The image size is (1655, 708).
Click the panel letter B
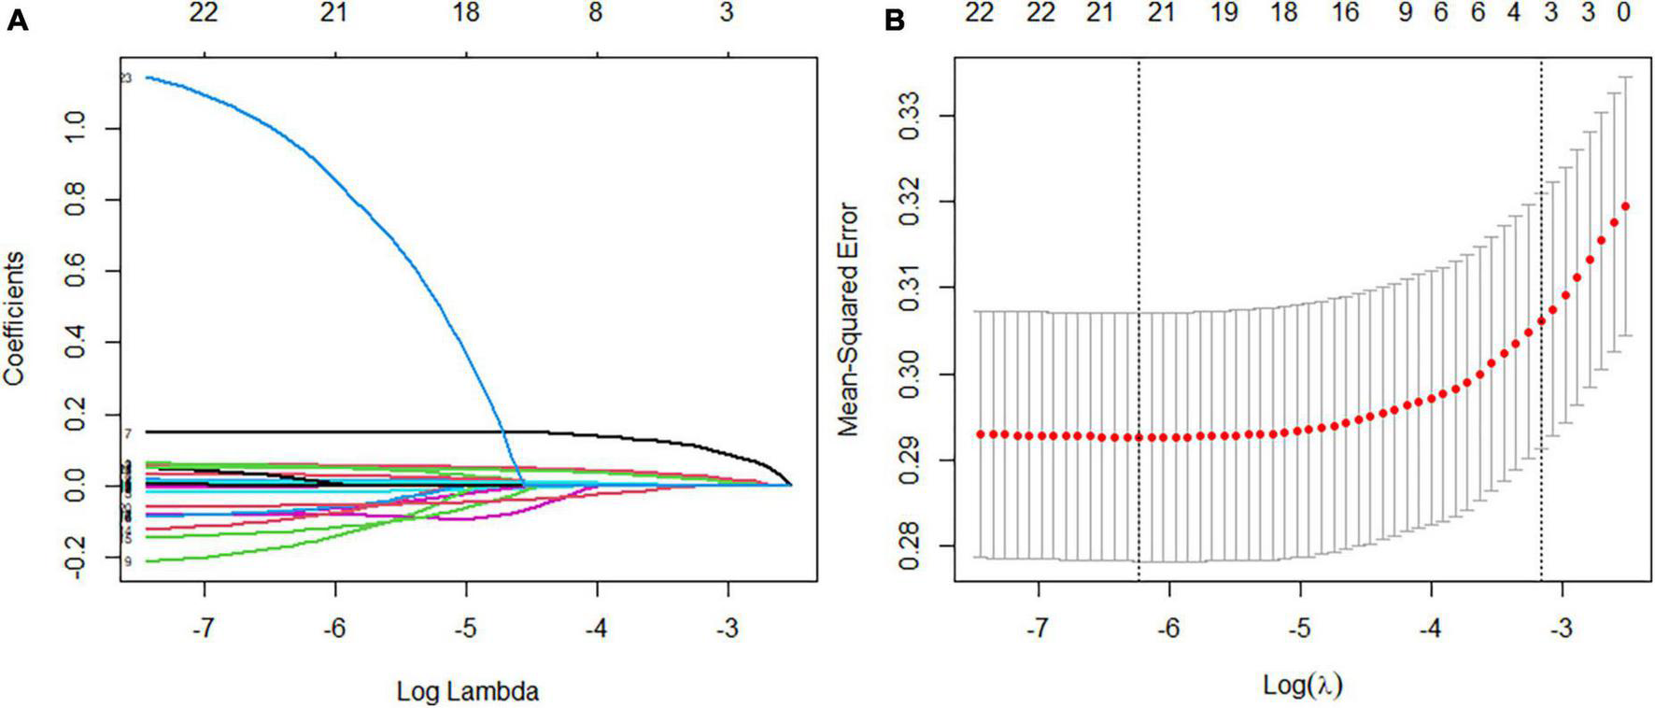(x=894, y=21)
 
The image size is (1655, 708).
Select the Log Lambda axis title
(x=467, y=692)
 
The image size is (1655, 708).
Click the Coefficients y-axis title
(x=14, y=319)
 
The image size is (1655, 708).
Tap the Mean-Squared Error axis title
(x=848, y=319)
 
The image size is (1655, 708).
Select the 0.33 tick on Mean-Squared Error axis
(x=911, y=116)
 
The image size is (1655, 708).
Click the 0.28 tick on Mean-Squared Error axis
(x=911, y=546)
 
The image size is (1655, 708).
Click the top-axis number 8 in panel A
(x=596, y=13)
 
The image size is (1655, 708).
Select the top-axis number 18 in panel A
(x=465, y=13)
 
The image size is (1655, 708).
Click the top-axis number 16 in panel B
(x=1345, y=13)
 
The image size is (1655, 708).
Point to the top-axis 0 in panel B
(x=1624, y=13)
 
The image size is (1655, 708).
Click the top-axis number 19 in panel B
(x=1224, y=13)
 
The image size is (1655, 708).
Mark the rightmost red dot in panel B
(x=1625, y=206)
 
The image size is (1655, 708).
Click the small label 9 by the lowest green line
(x=127, y=561)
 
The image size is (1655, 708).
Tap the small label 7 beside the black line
(x=127, y=433)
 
